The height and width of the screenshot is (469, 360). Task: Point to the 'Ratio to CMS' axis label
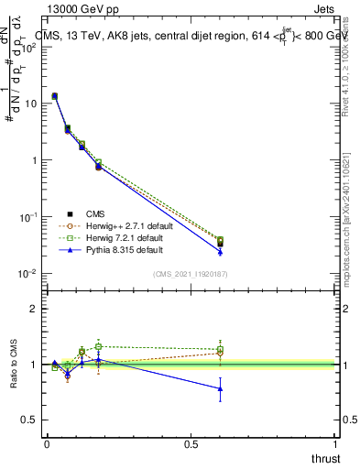[13, 365]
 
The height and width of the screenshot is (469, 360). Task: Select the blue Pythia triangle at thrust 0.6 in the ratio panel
[220, 388]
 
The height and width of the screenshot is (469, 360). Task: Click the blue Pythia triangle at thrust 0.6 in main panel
[220, 251]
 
